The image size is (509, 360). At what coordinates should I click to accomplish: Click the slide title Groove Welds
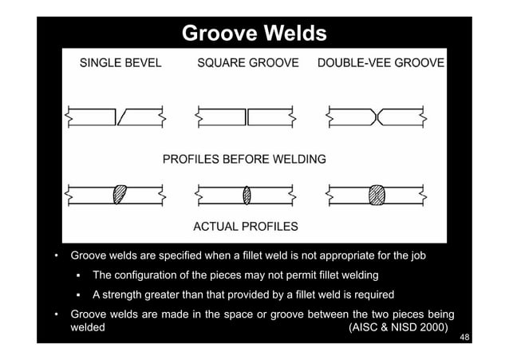click(x=254, y=34)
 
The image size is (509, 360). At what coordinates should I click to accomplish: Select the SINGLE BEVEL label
click(x=119, y=63)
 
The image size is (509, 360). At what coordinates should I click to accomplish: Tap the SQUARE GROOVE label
click(x=248, y=63)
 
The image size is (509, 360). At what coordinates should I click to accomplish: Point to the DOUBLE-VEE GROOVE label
click(x=381, y=63)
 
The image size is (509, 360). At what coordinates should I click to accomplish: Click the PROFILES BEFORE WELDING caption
click(x=244, y=159)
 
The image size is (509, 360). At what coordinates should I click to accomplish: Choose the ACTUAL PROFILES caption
click(x=246, y=226)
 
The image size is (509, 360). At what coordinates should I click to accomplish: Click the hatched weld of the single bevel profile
click(x=120, y=194)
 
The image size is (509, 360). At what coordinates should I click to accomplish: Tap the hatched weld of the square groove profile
click(x=247, y=194)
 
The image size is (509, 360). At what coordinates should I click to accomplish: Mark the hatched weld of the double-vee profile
click(x=377, y=194)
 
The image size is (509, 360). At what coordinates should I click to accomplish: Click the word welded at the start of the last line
click(x=88, y=327)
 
